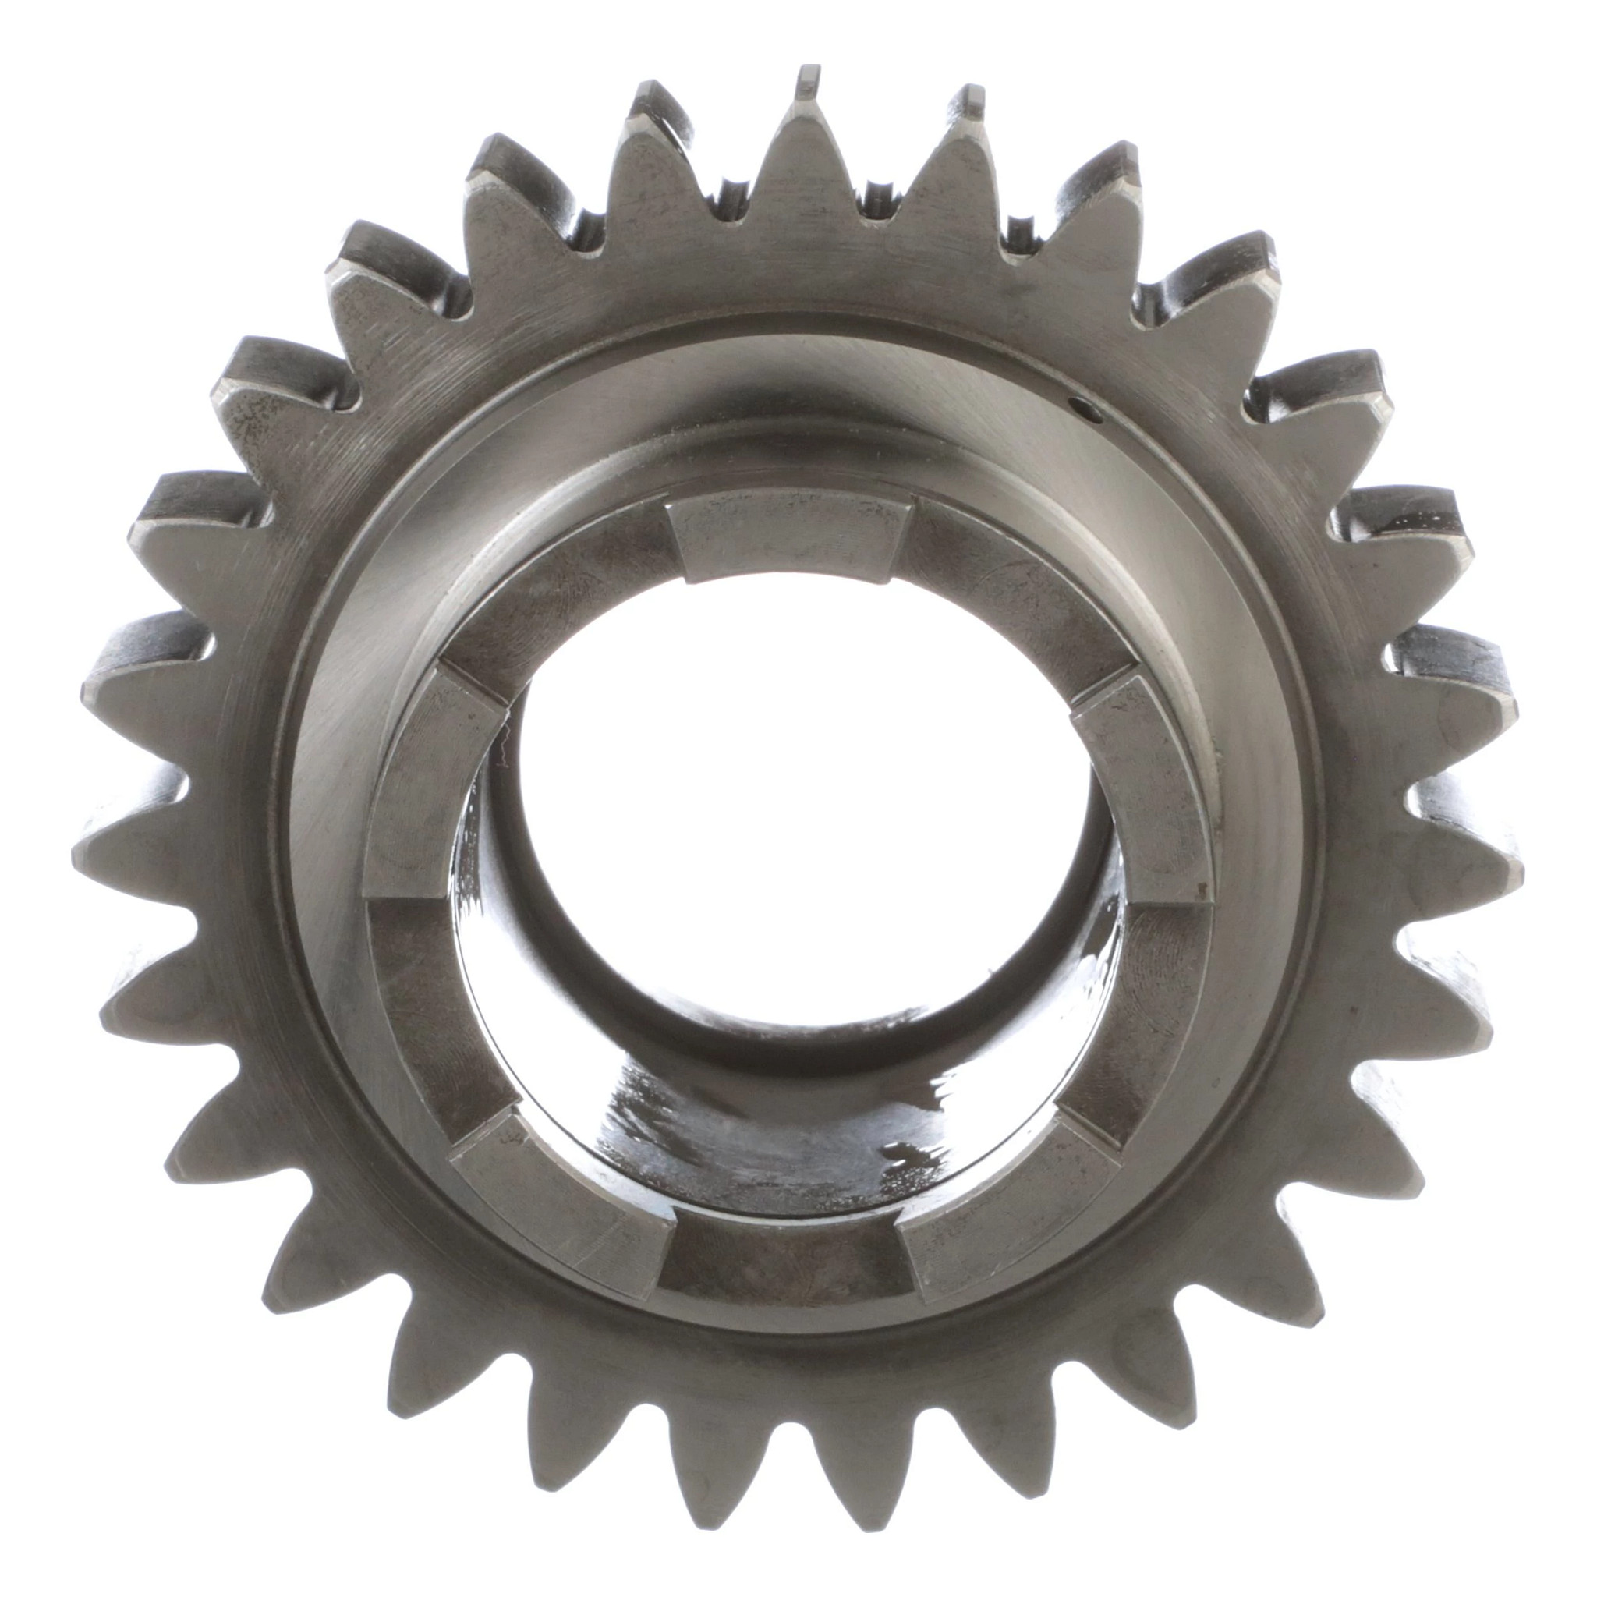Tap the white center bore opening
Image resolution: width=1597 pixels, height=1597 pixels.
tap(794, 794)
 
